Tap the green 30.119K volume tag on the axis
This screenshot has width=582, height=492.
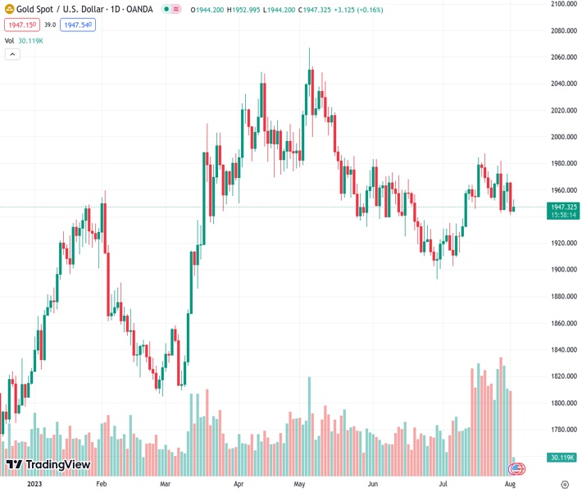[562, 457]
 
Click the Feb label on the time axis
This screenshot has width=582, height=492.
[101, 484]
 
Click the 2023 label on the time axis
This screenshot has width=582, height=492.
[34, 484]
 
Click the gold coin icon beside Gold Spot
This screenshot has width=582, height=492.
[10, 9]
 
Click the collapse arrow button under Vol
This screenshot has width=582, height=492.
[12, 54]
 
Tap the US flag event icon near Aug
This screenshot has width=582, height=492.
[516, 469]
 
